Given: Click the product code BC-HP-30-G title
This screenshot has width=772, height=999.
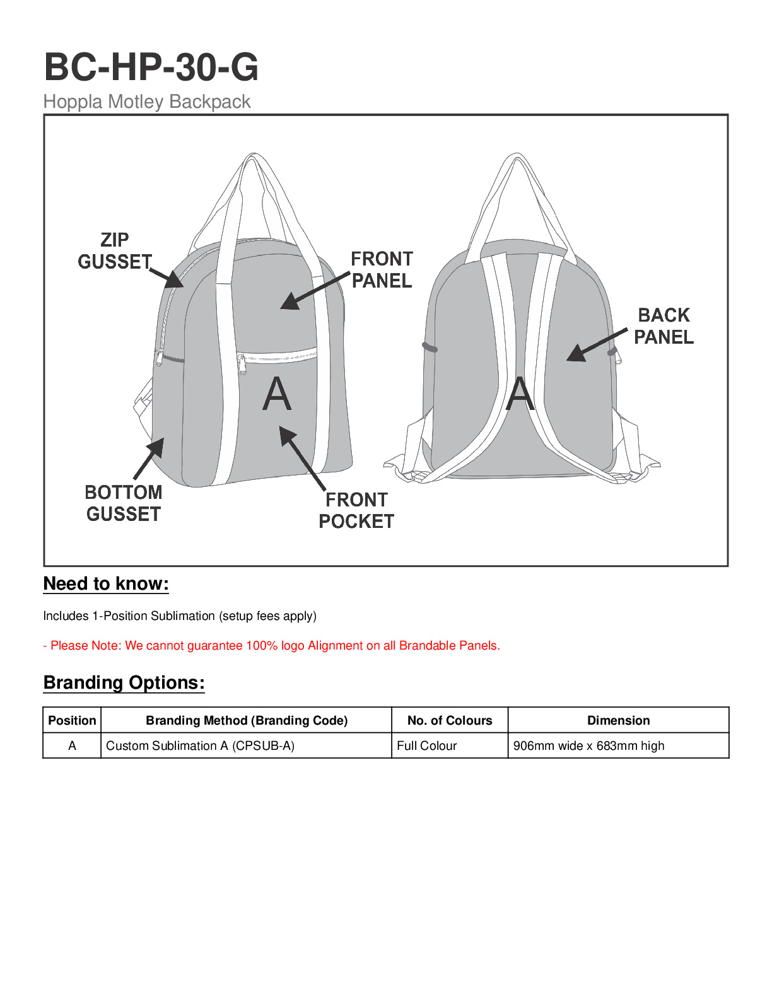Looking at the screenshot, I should coord(151,67).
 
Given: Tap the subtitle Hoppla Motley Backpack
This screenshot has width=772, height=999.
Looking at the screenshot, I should coord(147,102).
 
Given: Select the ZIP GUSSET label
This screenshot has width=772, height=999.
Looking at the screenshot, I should coord(115,250).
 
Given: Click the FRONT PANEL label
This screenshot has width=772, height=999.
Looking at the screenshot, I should coord(382,269).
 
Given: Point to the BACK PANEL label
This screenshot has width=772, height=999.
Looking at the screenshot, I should coord(664,325).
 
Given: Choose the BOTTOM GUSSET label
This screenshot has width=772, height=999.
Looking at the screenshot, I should coord(124,503).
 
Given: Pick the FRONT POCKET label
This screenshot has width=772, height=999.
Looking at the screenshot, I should coord(356,510).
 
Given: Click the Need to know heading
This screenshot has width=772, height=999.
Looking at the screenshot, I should coord(106,584).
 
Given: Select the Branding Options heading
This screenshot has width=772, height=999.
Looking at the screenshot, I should coord(124,682).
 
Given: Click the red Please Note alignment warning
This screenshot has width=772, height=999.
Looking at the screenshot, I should coord(271,645).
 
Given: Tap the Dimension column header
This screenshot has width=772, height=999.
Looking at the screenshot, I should coord(618,720).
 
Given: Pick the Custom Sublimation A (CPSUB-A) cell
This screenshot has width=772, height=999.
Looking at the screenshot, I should coord(200,745).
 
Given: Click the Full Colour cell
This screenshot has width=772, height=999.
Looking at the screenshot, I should coord(427,745).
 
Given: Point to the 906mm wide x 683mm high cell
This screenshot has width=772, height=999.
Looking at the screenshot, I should coord(588,745).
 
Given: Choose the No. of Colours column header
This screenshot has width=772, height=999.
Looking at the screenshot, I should coord(450,720).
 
